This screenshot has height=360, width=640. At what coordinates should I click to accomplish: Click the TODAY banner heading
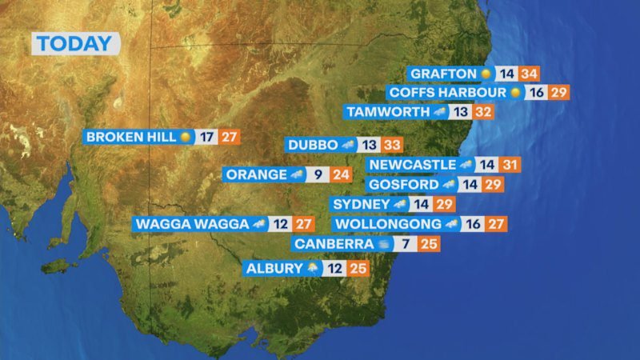75,44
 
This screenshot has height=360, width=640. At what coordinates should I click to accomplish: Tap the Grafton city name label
442,74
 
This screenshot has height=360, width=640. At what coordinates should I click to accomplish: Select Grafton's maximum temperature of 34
528,74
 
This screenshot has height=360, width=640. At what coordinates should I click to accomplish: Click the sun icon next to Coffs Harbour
515,93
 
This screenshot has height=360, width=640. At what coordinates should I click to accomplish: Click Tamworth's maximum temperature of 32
482,112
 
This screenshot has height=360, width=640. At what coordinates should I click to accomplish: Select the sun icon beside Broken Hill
186,137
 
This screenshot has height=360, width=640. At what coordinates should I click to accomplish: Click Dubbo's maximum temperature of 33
391,146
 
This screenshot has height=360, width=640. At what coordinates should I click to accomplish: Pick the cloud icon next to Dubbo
347,146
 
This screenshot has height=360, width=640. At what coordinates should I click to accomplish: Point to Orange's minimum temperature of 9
318,174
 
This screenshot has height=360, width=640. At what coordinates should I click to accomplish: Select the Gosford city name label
404,185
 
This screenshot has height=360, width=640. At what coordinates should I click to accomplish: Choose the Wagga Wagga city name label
192,224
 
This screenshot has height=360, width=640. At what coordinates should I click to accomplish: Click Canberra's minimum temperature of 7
406,244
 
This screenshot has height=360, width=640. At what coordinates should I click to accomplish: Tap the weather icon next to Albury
312,269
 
